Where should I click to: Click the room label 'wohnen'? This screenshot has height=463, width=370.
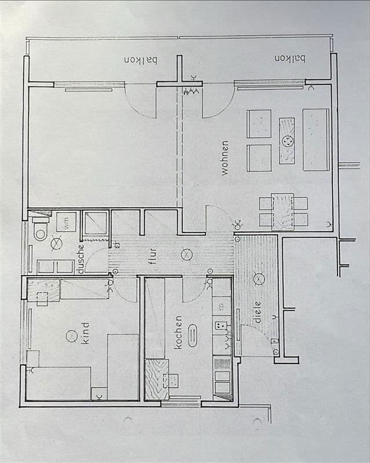click(x=225, y=157)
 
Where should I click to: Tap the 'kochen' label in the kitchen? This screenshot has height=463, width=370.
click(x=178, y=332)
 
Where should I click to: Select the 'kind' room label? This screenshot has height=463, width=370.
click(x=86, y=334)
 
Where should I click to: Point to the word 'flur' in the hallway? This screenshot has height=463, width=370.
click(x=152, y=255)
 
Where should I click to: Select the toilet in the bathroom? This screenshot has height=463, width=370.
click(x=40, y=230)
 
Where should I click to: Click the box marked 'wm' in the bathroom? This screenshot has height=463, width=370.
click(x=66, y=222)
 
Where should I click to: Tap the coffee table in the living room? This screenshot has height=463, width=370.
click(x=288, y=140)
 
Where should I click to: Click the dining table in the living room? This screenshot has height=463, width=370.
click(x=283, y=211)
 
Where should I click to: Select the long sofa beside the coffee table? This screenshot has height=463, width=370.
click(x=316, y=139)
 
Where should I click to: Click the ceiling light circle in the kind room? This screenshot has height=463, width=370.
click(x=71, y=335)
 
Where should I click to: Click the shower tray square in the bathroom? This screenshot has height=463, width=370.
click(x=96, y=223)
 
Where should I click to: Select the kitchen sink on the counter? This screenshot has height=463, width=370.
click(x=221, y=326)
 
